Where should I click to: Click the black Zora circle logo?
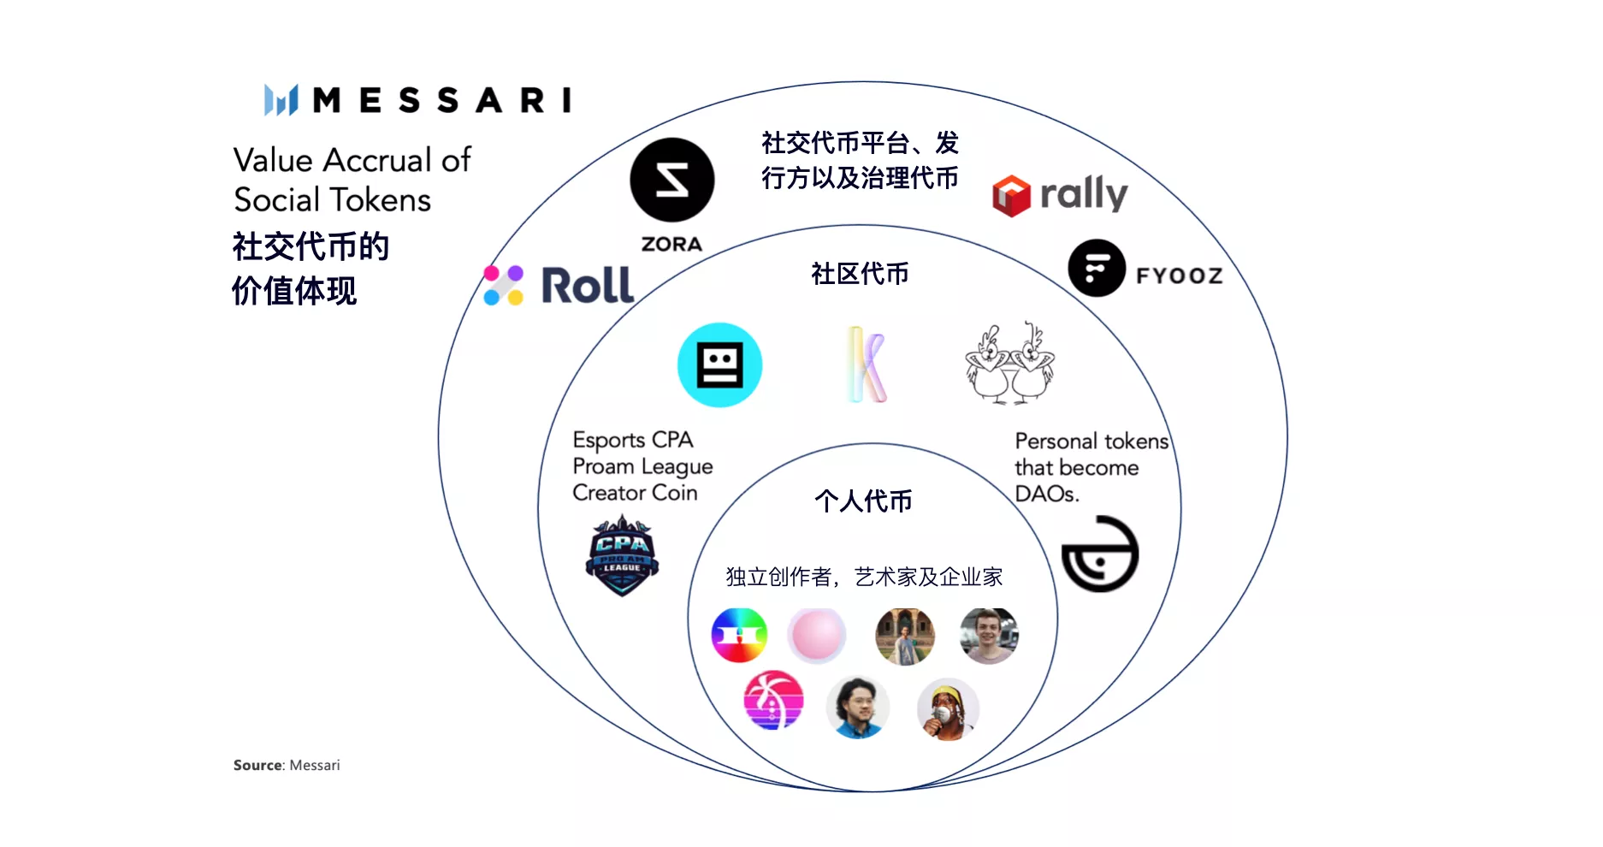(672, 181)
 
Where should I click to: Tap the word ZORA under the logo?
(671, 245)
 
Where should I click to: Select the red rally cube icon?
(1011, 195)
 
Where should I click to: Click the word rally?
(1084, 193)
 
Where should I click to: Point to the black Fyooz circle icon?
(1097, 269)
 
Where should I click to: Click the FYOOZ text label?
(1179, 275)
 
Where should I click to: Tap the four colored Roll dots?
(504, 285)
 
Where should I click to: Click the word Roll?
(588, 285)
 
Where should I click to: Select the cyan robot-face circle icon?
(719, 365)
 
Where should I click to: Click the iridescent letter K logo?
(867, 364)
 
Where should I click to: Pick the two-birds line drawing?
(1009, 364)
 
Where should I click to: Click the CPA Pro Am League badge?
(622, 555)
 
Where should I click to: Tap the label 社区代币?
(860, 274)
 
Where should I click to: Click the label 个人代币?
(863, 500)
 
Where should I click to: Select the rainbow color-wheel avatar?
(739, 636)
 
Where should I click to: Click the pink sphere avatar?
(817, 636)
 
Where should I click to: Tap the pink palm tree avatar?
(773, 700)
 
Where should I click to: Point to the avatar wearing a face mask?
(948, 709)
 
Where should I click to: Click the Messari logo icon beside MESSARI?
(281, 100)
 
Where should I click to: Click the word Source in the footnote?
(257, 765)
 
